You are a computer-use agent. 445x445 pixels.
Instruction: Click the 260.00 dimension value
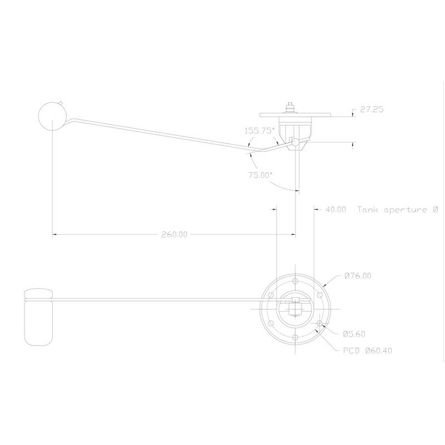[174, 234]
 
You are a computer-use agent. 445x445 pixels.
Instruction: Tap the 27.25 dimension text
[372, 109]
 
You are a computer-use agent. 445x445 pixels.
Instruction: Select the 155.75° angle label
[260, 131]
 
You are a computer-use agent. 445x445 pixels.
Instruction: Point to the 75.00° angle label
[260, 175]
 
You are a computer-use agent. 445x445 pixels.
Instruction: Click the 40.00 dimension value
[335, 210]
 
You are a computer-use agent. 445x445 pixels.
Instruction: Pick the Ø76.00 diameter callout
[358, 275]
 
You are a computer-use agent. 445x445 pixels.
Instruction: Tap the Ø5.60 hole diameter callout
[354, 334]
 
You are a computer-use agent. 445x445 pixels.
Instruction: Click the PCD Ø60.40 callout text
[368, 350]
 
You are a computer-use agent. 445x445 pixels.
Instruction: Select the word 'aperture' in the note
[406, 210]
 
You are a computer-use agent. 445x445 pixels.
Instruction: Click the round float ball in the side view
[52, 116]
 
